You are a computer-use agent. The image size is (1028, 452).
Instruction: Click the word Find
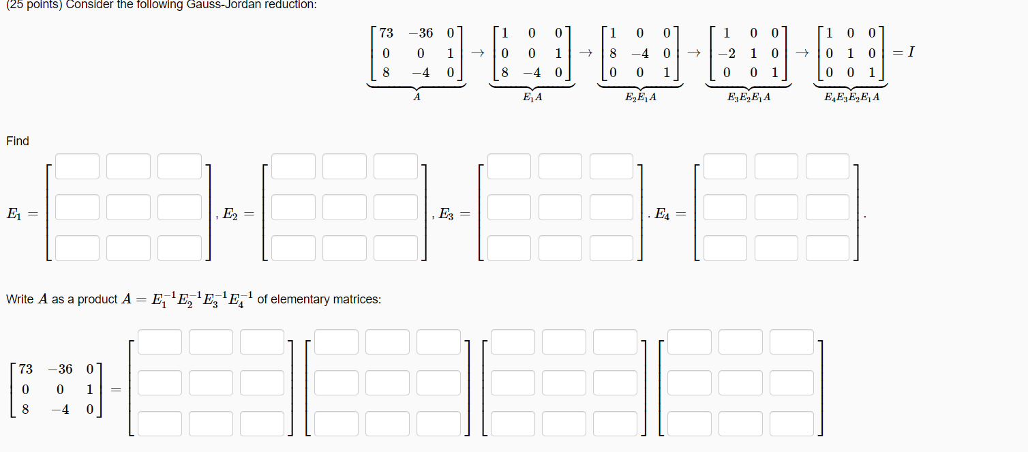(18, 141)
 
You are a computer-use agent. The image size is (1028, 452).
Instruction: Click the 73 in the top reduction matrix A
(386, 33)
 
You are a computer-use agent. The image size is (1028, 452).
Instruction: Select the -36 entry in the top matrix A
(421, 33)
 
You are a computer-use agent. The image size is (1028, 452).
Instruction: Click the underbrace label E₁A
(532, 97)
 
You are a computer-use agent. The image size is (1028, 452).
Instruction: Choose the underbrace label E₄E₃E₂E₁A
(851, 97)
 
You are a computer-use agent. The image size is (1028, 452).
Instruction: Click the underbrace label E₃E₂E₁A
(749, 97)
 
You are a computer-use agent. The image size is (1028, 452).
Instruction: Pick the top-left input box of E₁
(77, 166)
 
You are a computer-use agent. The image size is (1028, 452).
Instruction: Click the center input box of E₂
(344, 207)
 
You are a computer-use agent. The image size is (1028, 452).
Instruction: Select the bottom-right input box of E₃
(611, 248)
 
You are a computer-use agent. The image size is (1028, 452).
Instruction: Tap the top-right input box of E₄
(827, 166)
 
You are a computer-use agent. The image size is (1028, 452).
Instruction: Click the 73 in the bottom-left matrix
(26, 370)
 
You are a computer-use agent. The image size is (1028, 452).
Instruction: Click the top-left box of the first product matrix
(160, 342)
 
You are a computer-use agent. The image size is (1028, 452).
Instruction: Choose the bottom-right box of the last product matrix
(791, 423)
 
